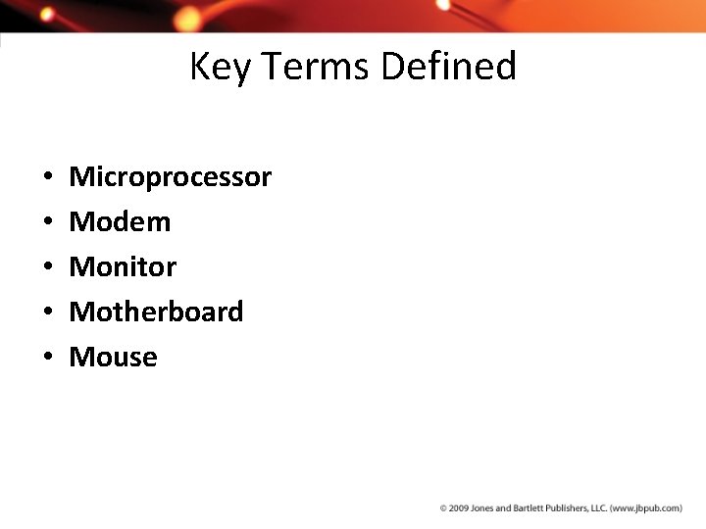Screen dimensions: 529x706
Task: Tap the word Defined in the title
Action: click(x=448, y=68)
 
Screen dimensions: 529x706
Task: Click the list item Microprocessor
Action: click(x=170, y=177)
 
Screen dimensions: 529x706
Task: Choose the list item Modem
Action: click(x=120, y=222)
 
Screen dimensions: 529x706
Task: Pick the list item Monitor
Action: click(x=123, y=267)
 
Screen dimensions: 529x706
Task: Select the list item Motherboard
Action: click(x=156, y=313)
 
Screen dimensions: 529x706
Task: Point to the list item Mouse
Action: click(x=113, y=358)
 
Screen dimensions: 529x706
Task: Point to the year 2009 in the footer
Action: click(x=457, y=508)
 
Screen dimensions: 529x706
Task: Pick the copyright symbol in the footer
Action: click(x=443, y=508)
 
